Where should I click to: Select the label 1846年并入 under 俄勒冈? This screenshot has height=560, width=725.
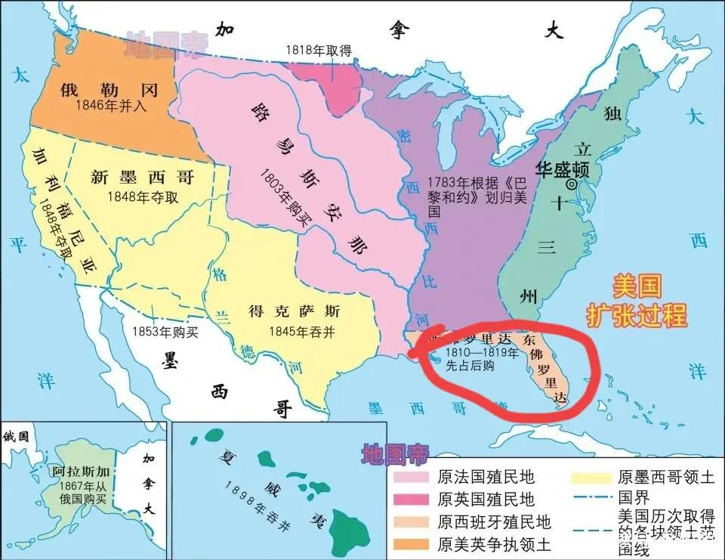[112, 107]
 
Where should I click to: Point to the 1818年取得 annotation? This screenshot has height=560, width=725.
[318, 50]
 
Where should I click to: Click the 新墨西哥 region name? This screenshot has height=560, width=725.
[142, 178]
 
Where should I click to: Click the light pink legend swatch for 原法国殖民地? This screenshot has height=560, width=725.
[412, 478]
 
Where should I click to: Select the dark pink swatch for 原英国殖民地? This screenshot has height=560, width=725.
[412, 500]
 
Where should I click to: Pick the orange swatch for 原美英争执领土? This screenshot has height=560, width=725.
[412, 543]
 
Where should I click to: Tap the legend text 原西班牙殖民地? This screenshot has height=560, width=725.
[494, 521]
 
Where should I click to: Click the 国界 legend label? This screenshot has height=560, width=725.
[633, 499]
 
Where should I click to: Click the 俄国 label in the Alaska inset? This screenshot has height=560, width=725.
[16, 436]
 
